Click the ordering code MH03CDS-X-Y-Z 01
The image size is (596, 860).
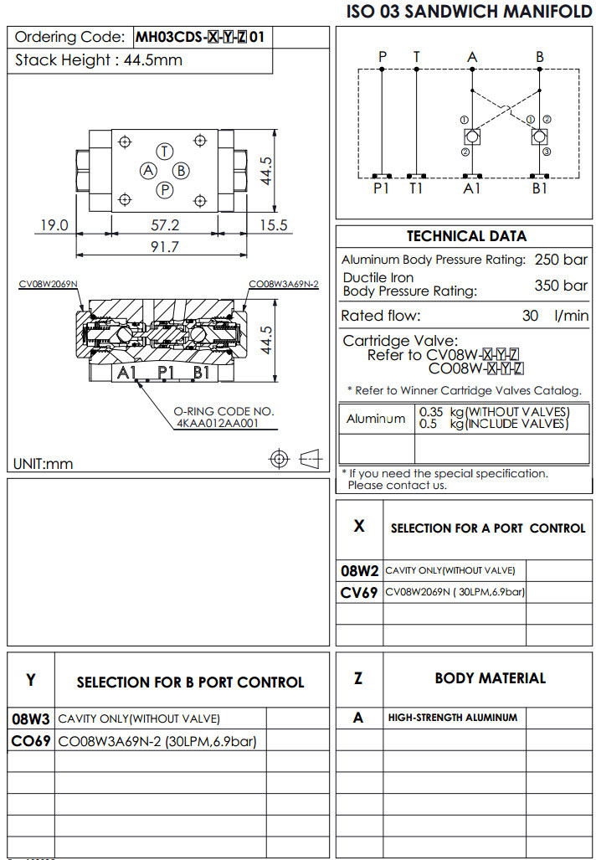coord(203,37)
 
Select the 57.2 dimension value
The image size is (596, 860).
coord(164,225)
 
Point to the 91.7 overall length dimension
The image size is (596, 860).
coord(164,246)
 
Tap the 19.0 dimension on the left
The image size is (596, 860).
coord(53,225)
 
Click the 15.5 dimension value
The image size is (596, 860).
coord(273,225)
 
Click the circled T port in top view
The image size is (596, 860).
coord(165,151)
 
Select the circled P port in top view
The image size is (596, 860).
coord(165,190)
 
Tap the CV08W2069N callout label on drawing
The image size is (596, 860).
coord(49,284)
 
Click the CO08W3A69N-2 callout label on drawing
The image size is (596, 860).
coord(284,284)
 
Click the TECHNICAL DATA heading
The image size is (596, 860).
coord(466,236)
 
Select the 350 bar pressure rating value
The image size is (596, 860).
coord(561,286)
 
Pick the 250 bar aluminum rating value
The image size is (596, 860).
coord(561,260)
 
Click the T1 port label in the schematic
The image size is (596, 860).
coord(417,188)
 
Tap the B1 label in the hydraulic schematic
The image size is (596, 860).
coord(540,188)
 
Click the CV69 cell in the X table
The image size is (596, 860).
coord(360,593)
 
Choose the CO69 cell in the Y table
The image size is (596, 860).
coord(31,741)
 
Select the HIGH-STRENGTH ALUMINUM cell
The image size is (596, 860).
coord(452,718)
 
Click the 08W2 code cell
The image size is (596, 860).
coord(360,571)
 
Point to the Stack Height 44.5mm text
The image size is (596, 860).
coord(99,60)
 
